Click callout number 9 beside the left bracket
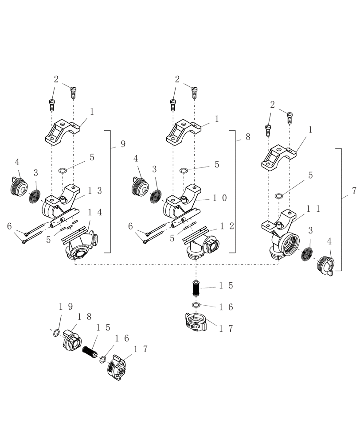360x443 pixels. click(x=123, y=144)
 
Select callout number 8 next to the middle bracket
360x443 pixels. click(x=247, y=137)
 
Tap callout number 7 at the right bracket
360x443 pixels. click(x=354, y=191)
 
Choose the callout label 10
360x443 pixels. click(x=220, y=198)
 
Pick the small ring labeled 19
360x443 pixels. click(x=55, y=333)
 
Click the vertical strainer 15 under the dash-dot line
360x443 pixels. click(x=196, y=289)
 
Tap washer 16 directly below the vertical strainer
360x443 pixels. click(x=196, y=305)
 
